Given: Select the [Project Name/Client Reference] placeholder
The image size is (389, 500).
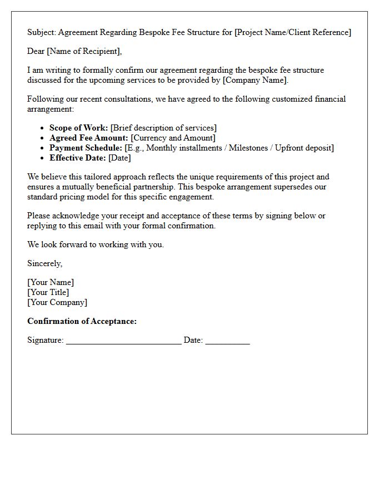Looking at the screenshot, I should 293,32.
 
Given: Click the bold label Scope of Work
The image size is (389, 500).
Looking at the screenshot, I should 78,128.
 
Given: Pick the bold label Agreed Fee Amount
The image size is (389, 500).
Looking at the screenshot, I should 88,138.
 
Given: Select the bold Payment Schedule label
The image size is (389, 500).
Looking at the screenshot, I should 86,148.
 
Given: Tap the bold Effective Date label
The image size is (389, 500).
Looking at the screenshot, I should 77,158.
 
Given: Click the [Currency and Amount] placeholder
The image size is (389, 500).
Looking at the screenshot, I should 173,138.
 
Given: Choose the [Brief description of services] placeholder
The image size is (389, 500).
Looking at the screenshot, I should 163,128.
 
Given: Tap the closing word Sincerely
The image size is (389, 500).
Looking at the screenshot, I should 44,263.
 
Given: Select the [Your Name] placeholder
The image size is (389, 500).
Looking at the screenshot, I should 51,282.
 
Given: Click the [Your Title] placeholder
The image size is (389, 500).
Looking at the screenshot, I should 48,292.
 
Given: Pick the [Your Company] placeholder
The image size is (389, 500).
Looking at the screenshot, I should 57,302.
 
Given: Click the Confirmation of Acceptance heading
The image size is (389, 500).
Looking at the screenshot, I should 82,321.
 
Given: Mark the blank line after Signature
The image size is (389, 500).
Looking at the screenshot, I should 123,341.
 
